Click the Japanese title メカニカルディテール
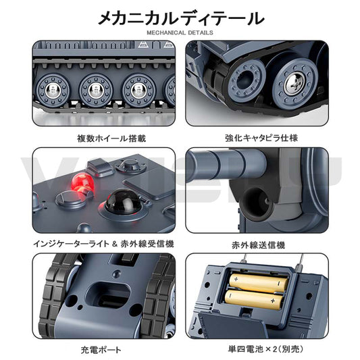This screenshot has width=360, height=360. (x=181, y=18)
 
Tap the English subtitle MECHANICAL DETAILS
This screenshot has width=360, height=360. (x=180, y=32)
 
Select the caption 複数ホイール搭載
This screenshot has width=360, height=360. (x=111, y=138)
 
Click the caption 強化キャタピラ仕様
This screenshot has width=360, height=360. (x=261, y=138)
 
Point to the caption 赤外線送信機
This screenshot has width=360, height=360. (x=258, y=245)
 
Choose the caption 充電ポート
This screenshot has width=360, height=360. (x=101, y=350)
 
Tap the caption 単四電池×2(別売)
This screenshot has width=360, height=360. (x=265, y=349)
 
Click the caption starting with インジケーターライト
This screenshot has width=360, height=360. (x=103, y=244)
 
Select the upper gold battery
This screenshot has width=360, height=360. (x=259, y=283)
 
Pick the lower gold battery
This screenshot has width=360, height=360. (x=253, y=299)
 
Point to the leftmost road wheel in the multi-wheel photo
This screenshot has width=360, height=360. (x=53, y=90)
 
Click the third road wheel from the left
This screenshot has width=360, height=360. (x=139, y=90)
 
